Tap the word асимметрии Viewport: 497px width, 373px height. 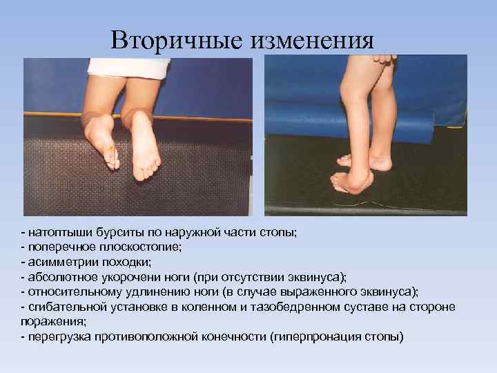(x=60, y=262)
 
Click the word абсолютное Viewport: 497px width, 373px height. (x=60, y=277)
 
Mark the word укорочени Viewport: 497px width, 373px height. (x=128, y=277)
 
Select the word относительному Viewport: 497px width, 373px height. (x=71, y=291)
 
